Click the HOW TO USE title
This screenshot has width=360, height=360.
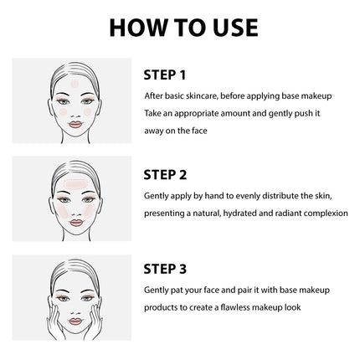[183, 28]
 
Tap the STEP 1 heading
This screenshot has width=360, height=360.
[165, 75]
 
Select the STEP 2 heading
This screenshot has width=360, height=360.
[165, 175]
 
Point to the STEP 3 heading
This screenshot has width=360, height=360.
[165, 269]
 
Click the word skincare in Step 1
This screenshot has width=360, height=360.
[202, 96]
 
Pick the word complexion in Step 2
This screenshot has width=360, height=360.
[326, 213]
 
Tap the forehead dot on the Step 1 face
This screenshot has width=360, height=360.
[75, 84]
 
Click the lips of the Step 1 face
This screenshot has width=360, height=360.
[75, 125]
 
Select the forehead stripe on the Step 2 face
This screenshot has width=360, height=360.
[75, 183]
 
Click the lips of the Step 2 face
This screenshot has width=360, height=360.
[76, 223]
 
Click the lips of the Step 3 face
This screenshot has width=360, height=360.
[75, 321]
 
